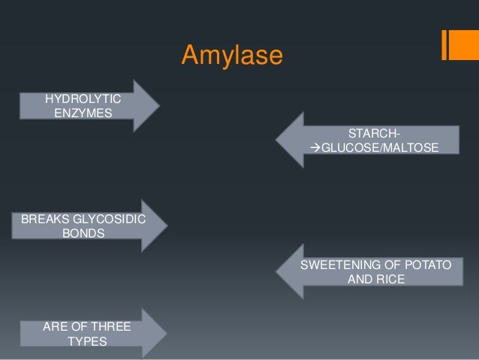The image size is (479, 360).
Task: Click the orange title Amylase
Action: point(231,56)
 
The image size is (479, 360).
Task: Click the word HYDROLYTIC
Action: point(86,98)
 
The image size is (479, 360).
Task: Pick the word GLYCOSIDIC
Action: point(112,219)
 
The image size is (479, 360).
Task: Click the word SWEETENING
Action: point(337,265)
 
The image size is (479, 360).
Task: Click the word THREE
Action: point(110,327)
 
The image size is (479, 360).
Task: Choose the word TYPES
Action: point(86,341)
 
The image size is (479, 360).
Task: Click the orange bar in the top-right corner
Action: point(455,44)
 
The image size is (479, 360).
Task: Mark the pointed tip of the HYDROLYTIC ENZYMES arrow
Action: point(159,105)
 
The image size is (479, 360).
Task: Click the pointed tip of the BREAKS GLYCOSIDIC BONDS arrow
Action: point(167,225)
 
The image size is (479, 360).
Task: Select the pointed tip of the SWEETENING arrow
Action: point(276,271)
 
